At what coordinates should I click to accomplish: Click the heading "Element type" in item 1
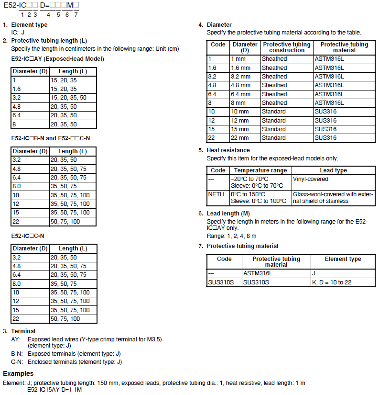tap(29, 25)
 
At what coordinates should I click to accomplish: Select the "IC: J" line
tap(18, 33)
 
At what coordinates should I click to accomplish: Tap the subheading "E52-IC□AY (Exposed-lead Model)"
tap(57, 59)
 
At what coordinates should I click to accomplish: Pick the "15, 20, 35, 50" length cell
tap(70, 98)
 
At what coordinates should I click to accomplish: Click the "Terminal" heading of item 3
tap(23, 331)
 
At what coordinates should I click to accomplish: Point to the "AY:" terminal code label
tap(17, 339)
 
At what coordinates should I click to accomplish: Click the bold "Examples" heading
tap(18, 373)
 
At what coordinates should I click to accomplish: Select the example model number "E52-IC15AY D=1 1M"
tap(54, 389)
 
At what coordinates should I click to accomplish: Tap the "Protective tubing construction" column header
tap(287, 47)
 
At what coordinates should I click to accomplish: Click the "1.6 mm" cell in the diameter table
tap(240, 68)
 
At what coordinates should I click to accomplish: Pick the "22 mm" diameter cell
tap(240, 138)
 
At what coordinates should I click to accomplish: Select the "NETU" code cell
tap(216, 194)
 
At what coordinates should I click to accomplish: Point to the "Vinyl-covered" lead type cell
tap(311, 179)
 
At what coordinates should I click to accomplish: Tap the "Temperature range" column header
tap(260, 170)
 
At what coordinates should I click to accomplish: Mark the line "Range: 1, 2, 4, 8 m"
tap(231, 236)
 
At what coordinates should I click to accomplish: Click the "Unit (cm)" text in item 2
tap(169, 48)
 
